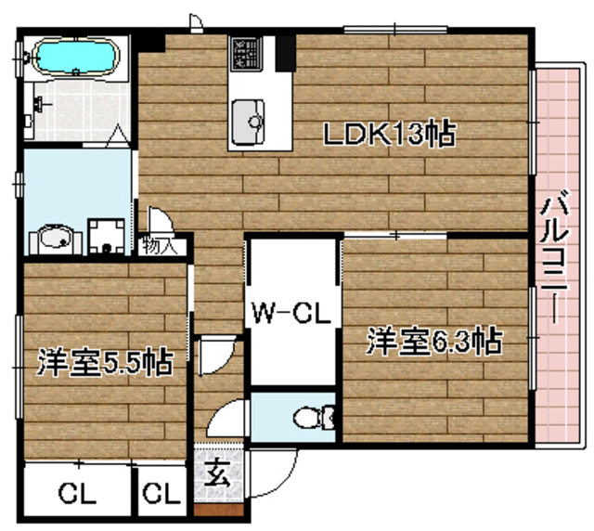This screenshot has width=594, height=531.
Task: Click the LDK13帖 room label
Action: [388, 136]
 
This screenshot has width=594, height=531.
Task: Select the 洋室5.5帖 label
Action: [104, 362]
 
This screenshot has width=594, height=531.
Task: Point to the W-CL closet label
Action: [291, 314]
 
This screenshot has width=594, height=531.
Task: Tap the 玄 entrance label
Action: [217, 478]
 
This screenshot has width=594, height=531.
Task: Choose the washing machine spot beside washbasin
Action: [109, 237]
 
